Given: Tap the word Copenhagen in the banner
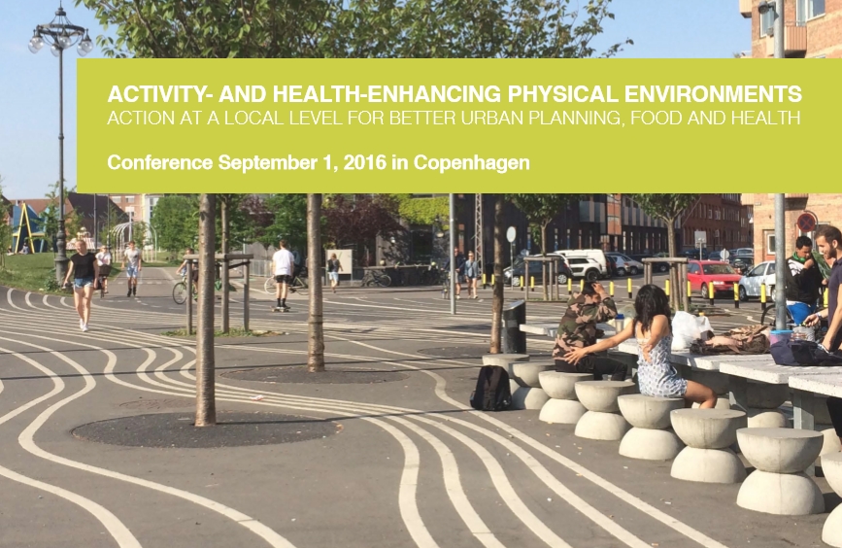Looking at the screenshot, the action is (x=471, y=163).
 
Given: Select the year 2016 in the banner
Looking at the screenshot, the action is (x=364, y=162).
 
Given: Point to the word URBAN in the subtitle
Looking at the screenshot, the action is (x=490, y=118).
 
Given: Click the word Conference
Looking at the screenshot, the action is (x=160, y=162).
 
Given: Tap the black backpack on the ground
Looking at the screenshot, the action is (x=490, y=388).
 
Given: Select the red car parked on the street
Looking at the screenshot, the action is (x=713, y=278).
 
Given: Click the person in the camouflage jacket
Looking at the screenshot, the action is (x=586, y=331).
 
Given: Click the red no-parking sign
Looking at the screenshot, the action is (x=806, y=222).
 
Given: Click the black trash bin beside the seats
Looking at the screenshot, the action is (x=514, y=326).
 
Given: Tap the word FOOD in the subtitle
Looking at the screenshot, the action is (x=656, y=118).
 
